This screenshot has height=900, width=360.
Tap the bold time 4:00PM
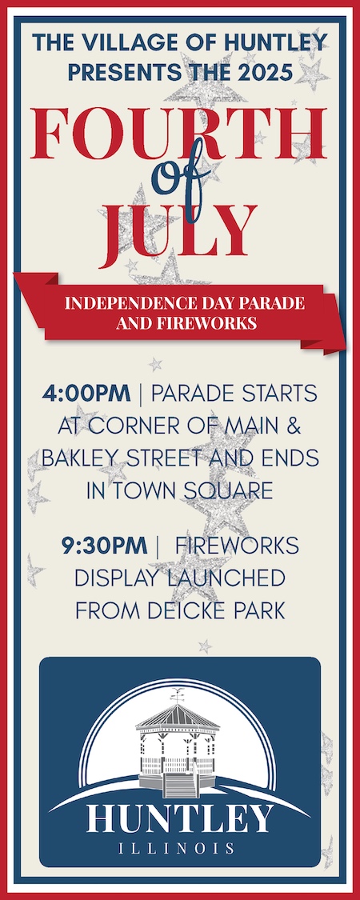click(86, 394)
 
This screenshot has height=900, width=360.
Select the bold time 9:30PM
click(105, 546)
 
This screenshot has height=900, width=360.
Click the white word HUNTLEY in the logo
click(180, 818)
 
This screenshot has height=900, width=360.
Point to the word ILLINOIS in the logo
click(180, 848)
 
